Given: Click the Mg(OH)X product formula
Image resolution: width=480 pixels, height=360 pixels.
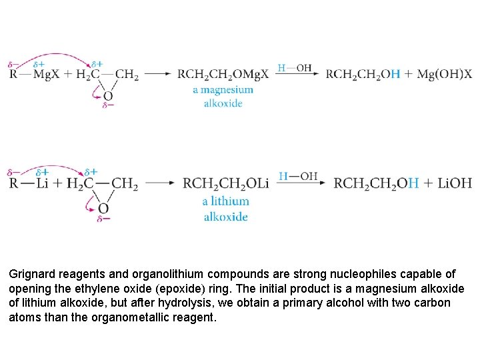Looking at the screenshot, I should coord(445,74).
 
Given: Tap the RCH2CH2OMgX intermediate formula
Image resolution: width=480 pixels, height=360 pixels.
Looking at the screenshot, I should coord(223,74).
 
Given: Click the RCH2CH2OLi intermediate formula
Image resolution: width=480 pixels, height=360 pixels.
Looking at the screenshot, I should coord(225,183).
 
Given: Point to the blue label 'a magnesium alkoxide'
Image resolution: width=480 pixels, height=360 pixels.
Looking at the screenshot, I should coord(223,96).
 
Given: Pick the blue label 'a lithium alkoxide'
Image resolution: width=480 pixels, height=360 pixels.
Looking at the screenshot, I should coord(225,209).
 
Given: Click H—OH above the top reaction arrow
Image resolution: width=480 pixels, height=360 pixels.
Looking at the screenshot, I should coord(295,67).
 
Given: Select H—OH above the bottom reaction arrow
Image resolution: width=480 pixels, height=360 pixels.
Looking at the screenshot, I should coord(298,176).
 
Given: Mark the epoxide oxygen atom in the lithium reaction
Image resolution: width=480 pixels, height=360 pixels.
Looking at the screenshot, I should coord(103,208).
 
